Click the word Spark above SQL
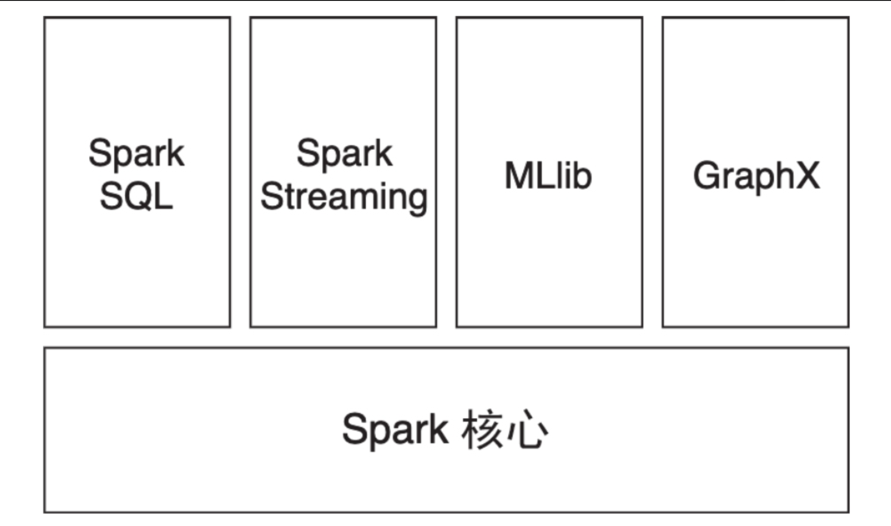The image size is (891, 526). click(x=136, y=154)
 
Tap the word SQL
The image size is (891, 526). click(x=136, y=196)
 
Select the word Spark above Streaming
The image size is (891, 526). click(x=344, y=154)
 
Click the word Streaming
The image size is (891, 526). click(x=344, y=197)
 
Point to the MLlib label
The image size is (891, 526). click(x=548, y=175)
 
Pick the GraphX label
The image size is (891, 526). click(x=756, y=175)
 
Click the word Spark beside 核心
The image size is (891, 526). click(x=395, y=429)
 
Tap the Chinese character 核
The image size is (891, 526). click(x=482, y=429)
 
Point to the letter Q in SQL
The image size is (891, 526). click(x=136, y=196)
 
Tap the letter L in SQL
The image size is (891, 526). click(x=163, y=196)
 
